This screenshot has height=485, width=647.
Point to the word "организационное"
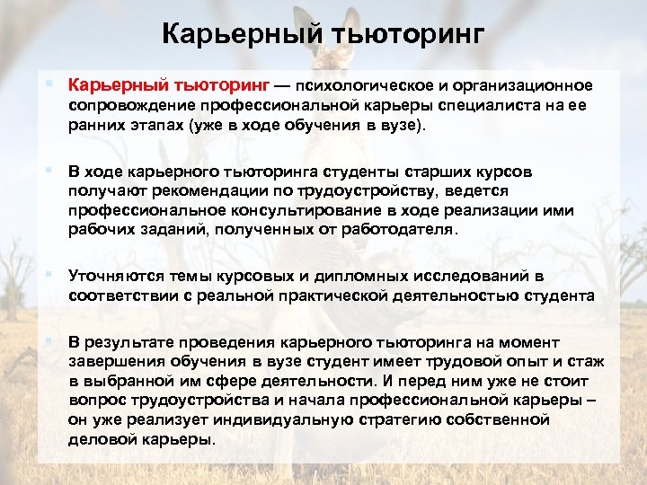click(x=530, y=86)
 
